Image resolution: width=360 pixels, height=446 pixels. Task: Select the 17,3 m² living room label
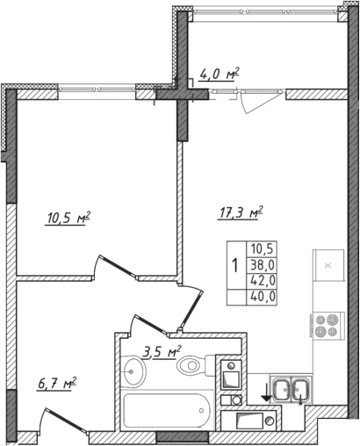[x=241, y=212]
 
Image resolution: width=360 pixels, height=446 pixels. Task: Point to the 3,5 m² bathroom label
[x=162, y=353]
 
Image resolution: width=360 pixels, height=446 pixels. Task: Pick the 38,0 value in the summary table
[x=263, y=264]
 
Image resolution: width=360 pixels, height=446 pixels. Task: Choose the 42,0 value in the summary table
[x=263, y=280]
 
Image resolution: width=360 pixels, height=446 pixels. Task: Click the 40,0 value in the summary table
[x=263, y=296]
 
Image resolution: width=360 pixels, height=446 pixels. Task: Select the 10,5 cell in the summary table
[x=263, y=248]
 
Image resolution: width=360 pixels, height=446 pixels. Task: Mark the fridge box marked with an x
[x=328, y=264]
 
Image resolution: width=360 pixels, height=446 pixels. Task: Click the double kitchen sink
[x=292, y=387]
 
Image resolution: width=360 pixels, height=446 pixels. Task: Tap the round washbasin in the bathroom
[x=132, y=373]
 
